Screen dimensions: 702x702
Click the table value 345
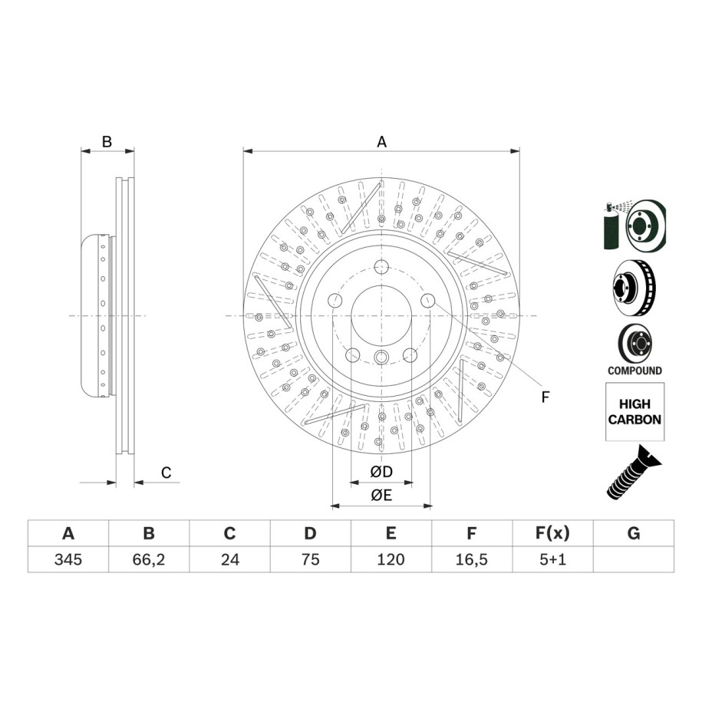click(x=68, y=559)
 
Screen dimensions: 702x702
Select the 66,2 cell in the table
click(x=149, y=559)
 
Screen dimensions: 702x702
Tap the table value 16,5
click(x=471, y=559)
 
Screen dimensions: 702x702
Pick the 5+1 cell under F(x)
click(x=553, y=559)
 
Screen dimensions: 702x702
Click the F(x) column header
click(x=553, y=533)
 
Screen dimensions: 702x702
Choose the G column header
click(x=634, y=533)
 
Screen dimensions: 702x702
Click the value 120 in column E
click(x=391, y=559)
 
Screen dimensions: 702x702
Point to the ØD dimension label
click(x=381, y=471)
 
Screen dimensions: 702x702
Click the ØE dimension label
click(x=381, y=495)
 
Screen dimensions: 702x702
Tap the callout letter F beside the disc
click(x=545, y=397)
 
